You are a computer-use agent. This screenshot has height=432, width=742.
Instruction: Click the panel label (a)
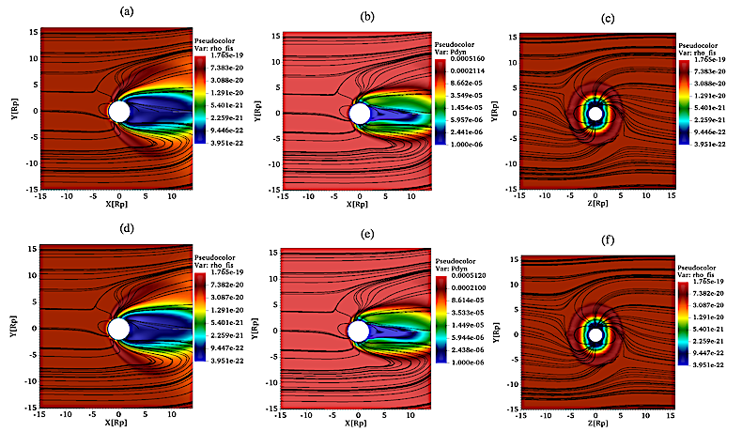124,12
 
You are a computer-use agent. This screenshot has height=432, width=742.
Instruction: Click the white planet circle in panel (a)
119,112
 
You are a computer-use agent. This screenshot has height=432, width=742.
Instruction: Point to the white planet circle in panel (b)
359,114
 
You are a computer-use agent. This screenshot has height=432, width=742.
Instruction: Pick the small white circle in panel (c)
595,114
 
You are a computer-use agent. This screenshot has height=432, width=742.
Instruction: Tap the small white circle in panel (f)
595,334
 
